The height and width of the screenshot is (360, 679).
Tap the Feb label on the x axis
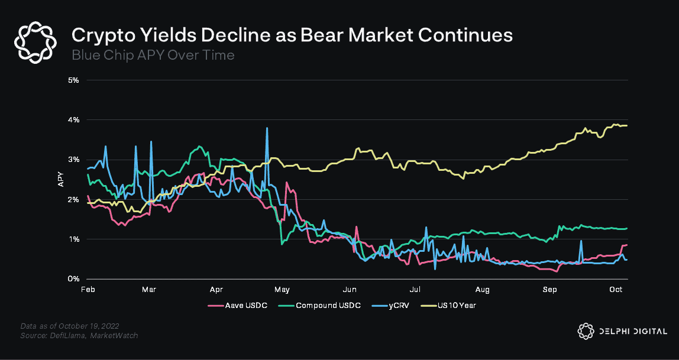pyautogui.click(x=88, y=290)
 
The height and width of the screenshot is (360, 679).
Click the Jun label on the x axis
pyautogui.click(x=349, y=290)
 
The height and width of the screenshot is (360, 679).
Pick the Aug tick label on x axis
pyautogui.click(x=483, y=290)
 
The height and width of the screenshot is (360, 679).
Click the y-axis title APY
pyautogui.click(x=60, y=180)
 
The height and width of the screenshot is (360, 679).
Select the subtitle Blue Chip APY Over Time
pyautogui.click(x=153, y=55)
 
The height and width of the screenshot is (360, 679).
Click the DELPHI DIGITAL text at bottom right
pyautogui.click(x=632, y=332)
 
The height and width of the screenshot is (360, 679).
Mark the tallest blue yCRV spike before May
pyautogui.click(x=267, y=128)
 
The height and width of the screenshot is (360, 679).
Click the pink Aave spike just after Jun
pyautogui.click(x=356, y=227)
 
